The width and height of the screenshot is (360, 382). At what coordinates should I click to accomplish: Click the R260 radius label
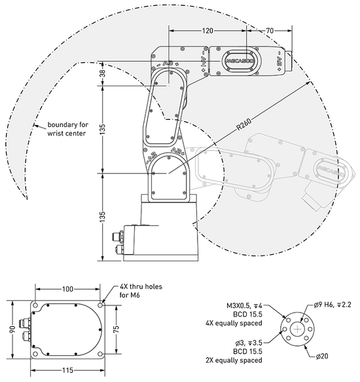[x=244, y=124]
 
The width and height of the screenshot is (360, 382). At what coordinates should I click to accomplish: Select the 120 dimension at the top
[x=207, y=31]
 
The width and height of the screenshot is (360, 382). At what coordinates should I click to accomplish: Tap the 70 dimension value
[x=270, y=31]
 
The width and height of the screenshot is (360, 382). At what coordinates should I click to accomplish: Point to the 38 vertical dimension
[x=103, y=73]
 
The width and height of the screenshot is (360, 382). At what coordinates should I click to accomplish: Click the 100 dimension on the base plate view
[x=67, y=289]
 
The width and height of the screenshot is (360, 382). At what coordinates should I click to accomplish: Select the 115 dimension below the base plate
[x=67, y=371]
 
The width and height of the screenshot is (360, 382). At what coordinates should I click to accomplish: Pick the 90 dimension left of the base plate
[x=13, y=329]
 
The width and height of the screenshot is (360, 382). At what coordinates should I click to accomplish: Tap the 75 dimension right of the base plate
[x=117, y=329]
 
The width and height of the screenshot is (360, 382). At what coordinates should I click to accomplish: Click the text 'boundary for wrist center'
[x=67, y=129]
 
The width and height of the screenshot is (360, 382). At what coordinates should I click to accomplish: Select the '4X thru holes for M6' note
[x=141, y=291]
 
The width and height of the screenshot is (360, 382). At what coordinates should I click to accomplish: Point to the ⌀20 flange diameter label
[x=322, y=356]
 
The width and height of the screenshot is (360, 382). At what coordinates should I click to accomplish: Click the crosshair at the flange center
[x=297, y=330]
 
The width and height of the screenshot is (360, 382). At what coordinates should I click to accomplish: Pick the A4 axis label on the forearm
[x=204, y=60]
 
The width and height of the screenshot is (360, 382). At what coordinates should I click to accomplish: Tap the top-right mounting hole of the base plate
[x=100, y=305]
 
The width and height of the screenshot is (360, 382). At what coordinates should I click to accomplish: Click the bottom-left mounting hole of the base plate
[x=35, y=354]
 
